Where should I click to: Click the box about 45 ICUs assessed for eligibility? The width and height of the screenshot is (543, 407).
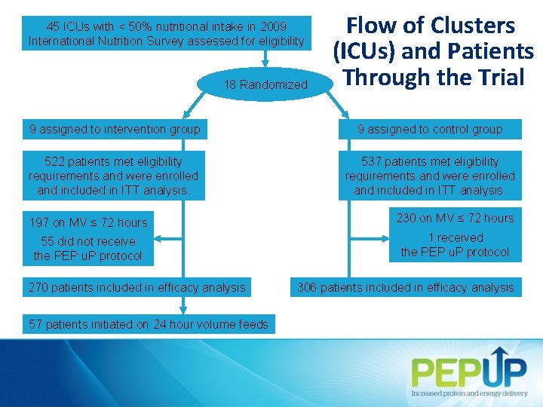click(166, 34)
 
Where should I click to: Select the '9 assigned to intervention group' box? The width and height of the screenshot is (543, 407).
click(115, 129)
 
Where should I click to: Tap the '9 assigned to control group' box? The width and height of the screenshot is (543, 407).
click(430, 129)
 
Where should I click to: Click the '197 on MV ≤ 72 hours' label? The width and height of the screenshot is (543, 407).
click(88, 222)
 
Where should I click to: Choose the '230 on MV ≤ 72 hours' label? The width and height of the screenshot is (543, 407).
click(455, 218)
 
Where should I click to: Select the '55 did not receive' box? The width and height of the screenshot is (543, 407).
click(87, 249)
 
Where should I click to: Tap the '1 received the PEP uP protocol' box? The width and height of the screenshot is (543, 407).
click(455, 245)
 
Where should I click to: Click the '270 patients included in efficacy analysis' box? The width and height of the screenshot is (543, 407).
click(137, 287)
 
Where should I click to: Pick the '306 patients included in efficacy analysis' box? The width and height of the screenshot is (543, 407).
click(406, 287)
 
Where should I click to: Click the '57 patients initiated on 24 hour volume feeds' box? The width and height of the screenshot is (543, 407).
click(148, 324)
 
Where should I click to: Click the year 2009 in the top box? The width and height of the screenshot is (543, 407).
click(271, 26)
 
